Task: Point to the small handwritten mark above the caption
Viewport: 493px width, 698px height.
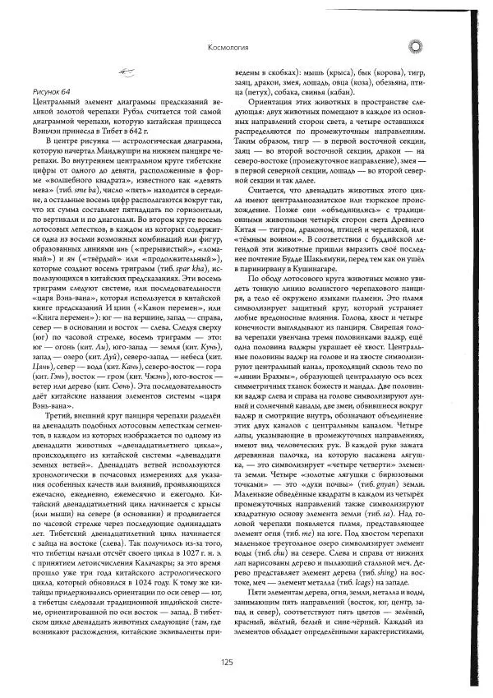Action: pyautogui.click(x=127, y=72)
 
